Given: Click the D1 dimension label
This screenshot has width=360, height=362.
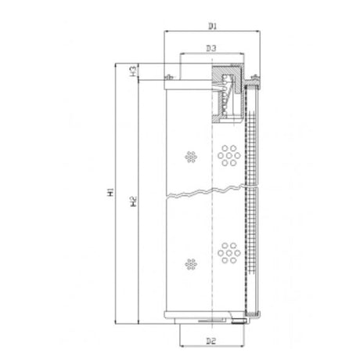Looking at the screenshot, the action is click(212, 26).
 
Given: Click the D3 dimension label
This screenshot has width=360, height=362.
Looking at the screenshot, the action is click(211, 48).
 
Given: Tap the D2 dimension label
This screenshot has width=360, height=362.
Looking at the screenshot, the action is click(211, 341).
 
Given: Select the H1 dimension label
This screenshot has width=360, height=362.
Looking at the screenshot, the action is click(110, 192).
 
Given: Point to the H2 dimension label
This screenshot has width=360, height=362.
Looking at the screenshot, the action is click(134, 201).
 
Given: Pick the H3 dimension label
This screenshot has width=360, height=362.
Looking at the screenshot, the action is click(133, 71).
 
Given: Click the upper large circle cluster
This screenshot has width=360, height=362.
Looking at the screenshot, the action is click(229, 156).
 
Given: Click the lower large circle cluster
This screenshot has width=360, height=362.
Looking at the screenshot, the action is click(229, 253).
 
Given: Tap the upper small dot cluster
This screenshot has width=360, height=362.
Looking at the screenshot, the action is click(191, 157).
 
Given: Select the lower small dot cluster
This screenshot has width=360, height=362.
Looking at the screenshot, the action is click(191, 264).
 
